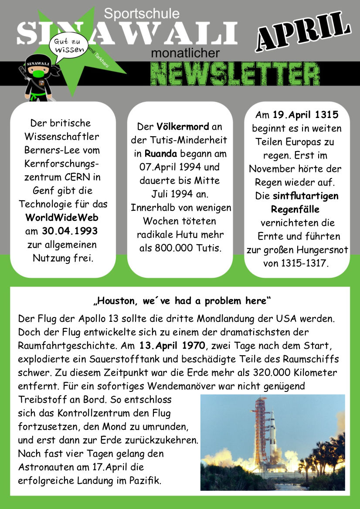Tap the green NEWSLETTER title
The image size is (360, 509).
235,72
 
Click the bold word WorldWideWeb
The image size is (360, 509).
62,217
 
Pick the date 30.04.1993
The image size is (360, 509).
70,231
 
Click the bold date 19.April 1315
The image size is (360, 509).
306,115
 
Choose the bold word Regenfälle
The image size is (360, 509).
295,209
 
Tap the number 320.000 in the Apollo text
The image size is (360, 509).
272,373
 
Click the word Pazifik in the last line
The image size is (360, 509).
145,481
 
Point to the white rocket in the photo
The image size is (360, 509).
272,431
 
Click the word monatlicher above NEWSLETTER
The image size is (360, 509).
186,53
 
